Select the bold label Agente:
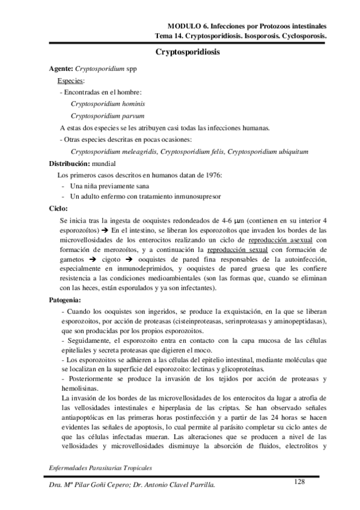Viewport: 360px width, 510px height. (x=61, y=69)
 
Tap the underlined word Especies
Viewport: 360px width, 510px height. (x=71, y=81)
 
